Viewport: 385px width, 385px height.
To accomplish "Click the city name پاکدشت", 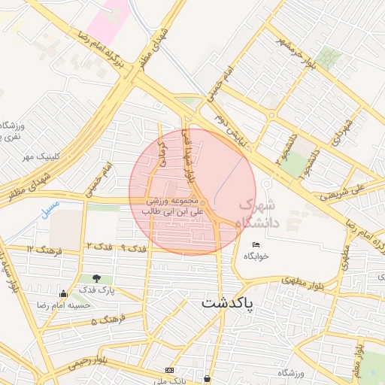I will [x=227, y=304].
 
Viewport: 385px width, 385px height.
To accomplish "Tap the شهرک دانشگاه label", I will [x=257, y=214].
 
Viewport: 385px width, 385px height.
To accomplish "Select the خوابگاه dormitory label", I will [x=256, y=256].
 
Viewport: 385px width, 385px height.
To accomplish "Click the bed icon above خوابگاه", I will [x=256, y=244].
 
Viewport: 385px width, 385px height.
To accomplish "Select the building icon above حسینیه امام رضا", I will [x=63, y=294].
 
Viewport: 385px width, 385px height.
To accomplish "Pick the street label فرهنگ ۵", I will [x=105, y=321].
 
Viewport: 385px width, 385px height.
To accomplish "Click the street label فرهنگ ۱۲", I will [x=41, y=248].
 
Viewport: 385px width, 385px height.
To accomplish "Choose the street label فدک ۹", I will [x=133, y=247].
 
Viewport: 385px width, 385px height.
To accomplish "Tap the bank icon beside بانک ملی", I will [x=169, y=371].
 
